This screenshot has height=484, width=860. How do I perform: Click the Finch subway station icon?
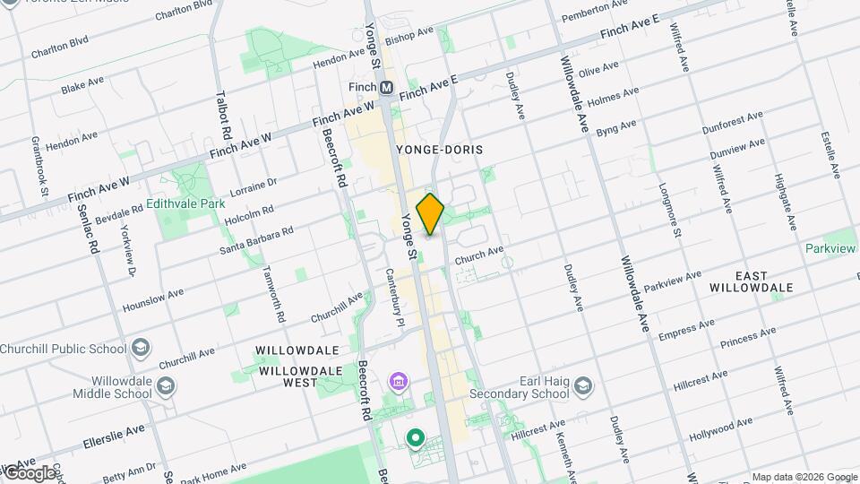pos(387,88)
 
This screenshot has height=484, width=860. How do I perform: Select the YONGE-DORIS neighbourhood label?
pos(436,150)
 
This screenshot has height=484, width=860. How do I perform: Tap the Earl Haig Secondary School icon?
pos(583,386)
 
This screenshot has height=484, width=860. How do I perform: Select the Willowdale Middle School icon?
pos(165,386)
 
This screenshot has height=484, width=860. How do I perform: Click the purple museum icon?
pos(398,383)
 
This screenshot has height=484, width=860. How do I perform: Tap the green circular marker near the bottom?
pos(415,438)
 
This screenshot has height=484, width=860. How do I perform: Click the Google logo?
pos(30,472)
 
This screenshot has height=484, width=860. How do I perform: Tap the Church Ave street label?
pos(479,255)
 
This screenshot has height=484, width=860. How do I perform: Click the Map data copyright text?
pos(804,476)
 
